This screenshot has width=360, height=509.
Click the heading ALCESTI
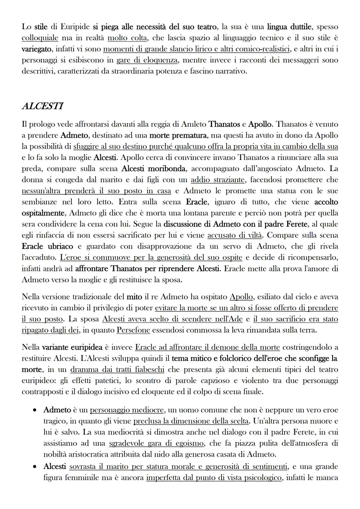[x=42, y=106]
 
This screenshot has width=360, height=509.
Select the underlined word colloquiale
[x=40, y=38]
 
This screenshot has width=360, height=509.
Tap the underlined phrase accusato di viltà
[x=235, y=235]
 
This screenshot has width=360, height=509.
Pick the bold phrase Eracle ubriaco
[x=47, y=246]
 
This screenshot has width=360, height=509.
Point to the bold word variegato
[x=37, y=49]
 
